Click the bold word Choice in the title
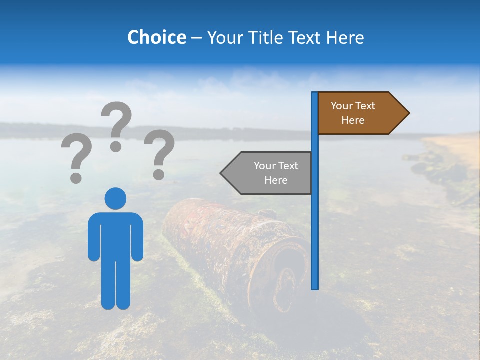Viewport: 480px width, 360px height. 156,37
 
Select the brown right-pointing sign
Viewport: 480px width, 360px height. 357,113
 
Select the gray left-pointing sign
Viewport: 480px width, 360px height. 270,173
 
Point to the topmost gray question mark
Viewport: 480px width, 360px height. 116,125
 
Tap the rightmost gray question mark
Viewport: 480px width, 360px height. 159,153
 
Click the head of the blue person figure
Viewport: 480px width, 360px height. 115,198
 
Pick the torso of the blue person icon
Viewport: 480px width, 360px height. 115,235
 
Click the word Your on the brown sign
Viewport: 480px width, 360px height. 341,106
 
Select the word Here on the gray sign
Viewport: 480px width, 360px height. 276,180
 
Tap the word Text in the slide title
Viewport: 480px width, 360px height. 307,37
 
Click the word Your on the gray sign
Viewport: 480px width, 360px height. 264,166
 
